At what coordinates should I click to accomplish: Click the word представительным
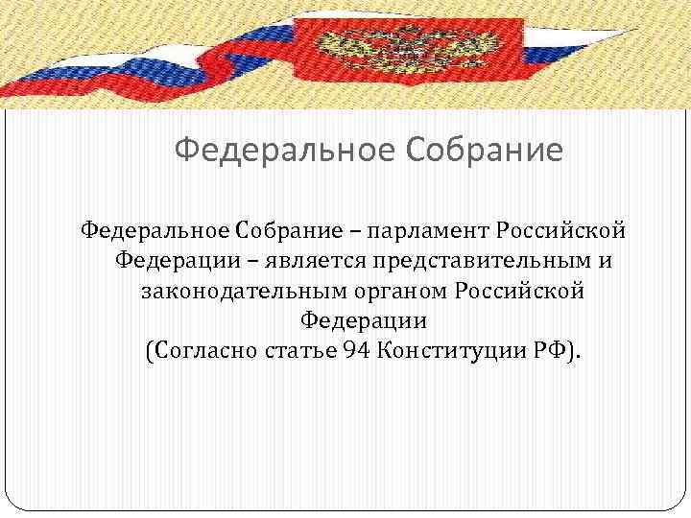tap(458, 260)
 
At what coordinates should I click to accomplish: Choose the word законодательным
tap(244, 290)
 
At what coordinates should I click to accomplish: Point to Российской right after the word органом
tap(519, 290)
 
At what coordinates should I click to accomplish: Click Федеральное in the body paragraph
tap(155, 230)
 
